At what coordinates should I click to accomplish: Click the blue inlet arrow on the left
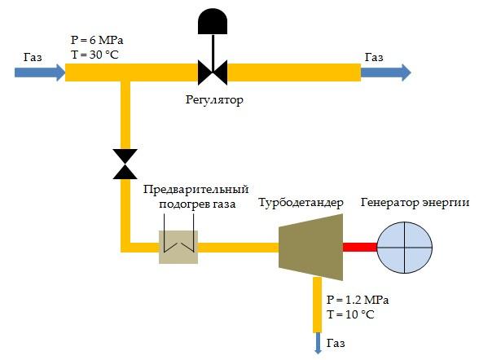40,72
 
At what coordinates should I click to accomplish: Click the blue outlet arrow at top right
386,72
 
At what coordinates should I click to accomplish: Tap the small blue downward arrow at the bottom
318,343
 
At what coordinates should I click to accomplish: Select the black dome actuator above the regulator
213,21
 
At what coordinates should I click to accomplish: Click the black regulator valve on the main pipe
213,72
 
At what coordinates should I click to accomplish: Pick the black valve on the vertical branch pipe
125,164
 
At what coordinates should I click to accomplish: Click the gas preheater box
178,247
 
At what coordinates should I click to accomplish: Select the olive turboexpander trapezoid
310,247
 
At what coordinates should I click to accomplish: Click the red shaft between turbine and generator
360,247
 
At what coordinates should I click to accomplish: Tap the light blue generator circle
404,247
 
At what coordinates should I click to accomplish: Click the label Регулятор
214,100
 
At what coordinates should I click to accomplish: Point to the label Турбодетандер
301,203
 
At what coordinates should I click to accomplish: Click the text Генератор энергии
415,203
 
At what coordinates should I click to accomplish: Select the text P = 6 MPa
97,40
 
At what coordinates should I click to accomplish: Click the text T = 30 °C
94,55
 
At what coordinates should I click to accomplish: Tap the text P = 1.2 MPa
358,300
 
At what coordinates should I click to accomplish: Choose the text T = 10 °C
350,314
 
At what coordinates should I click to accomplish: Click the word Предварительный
196,190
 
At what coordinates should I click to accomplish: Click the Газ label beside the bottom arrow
336,343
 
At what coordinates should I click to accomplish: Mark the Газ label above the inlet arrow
33,57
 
